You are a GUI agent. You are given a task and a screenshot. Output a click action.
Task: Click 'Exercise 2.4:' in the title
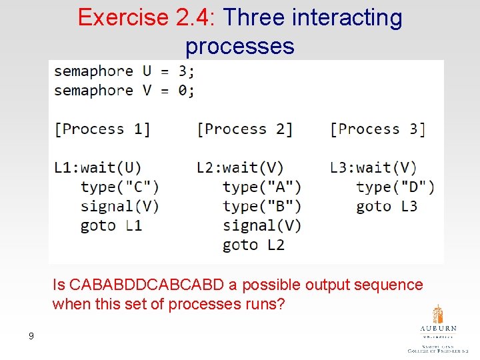[147, 17]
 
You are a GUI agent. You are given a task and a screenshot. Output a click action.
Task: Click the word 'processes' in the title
[240, 46]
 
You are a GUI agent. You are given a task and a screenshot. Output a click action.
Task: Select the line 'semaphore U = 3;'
[125, 71]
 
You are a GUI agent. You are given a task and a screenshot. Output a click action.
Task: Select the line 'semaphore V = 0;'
[125, 90]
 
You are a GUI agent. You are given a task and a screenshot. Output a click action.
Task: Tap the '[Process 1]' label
[102, 129]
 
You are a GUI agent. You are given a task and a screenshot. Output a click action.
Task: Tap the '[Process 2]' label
[245, 129]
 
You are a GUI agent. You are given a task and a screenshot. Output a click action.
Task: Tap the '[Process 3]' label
[377, 129]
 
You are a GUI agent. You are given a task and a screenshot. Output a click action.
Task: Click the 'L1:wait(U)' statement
[97, 167]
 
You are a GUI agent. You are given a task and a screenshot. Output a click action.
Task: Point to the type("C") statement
[119, 187]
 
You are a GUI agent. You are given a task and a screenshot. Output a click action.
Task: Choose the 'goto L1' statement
[111, 225]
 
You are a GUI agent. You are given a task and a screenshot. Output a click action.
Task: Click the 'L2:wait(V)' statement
[240, 167]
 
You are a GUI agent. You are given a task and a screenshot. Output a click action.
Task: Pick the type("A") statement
[262, 187]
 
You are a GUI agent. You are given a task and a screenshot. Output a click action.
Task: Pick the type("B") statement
[262, 206]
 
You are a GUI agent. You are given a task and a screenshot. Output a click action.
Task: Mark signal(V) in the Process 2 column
[262, 225]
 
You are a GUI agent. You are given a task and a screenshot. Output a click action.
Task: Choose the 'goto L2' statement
[253, 245]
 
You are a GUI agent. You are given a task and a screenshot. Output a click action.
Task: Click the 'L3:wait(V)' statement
[373, 167]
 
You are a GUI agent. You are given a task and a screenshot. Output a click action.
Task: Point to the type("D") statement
[395, 187]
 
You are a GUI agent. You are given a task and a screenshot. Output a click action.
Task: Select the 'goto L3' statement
[387, 206]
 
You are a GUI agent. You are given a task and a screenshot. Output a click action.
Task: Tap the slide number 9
[31, 336]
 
